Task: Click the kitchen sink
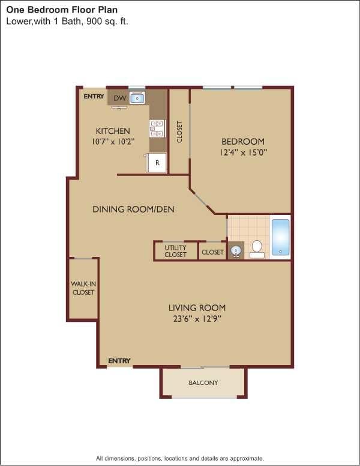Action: tap(137, 98)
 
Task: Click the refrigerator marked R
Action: tap(157, 163)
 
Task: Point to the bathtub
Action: tap(280, 237)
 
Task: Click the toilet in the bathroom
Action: tap(257, 247)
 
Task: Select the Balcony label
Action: tap(203, 383)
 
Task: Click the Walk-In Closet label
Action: tap(83, 288)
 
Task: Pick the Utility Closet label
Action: tap(176, 251)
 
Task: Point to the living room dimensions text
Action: tap(196, 319)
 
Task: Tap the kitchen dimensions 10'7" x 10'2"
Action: tap(113, 142)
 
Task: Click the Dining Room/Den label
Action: tap(133, 210)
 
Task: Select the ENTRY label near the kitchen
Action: tap(94, 97)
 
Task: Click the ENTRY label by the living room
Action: tap(119, 361)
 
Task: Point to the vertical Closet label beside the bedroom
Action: tap(179, 132)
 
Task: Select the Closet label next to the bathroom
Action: tap(212, 252)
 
